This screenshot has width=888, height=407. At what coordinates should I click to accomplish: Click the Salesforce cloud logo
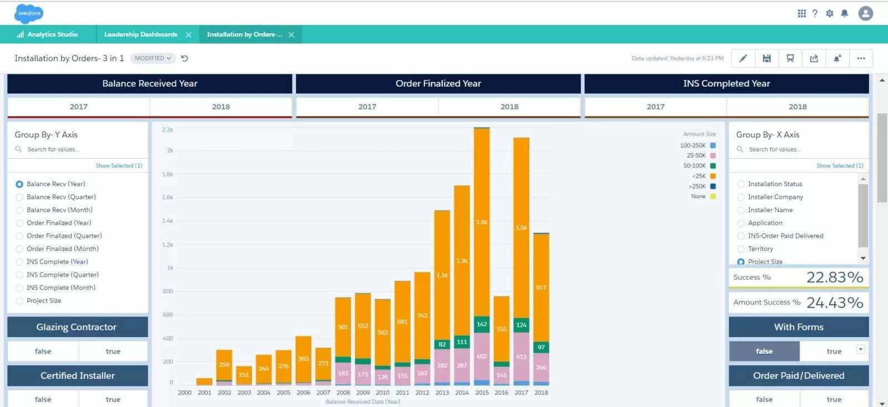(x=29, y=13)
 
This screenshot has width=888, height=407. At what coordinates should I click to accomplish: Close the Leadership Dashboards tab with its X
(x=189, y=34)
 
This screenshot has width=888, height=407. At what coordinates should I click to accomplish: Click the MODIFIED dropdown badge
(x=153, y=58)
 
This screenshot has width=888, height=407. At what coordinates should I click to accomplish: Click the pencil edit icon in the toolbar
(x=743, y=58)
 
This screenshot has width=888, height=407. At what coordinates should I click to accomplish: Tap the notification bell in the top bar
(x=844, y=13)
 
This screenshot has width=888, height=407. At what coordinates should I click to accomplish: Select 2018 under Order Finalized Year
(x=509, y=107)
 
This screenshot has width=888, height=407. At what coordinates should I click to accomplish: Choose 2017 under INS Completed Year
(x=655, y=107)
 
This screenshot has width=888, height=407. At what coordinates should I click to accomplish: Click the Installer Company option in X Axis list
(x=775, y=197)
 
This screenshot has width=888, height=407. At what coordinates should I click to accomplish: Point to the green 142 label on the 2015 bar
(x=482, y=324)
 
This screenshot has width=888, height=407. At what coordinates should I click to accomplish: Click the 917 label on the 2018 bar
(x=541, y=288)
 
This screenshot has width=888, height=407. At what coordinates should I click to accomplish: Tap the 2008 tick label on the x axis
(x=343, y=393)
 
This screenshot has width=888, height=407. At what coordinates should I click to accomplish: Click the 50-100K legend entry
(x=695, y=166)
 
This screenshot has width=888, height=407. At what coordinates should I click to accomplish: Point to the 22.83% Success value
(x=834, y=277)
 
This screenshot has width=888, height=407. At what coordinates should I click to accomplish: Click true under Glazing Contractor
(x=113, y=351)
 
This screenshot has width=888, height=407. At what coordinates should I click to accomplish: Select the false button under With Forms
(x=764, y=351)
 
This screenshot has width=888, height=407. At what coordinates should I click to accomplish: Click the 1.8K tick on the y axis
(x=167, y=174)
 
